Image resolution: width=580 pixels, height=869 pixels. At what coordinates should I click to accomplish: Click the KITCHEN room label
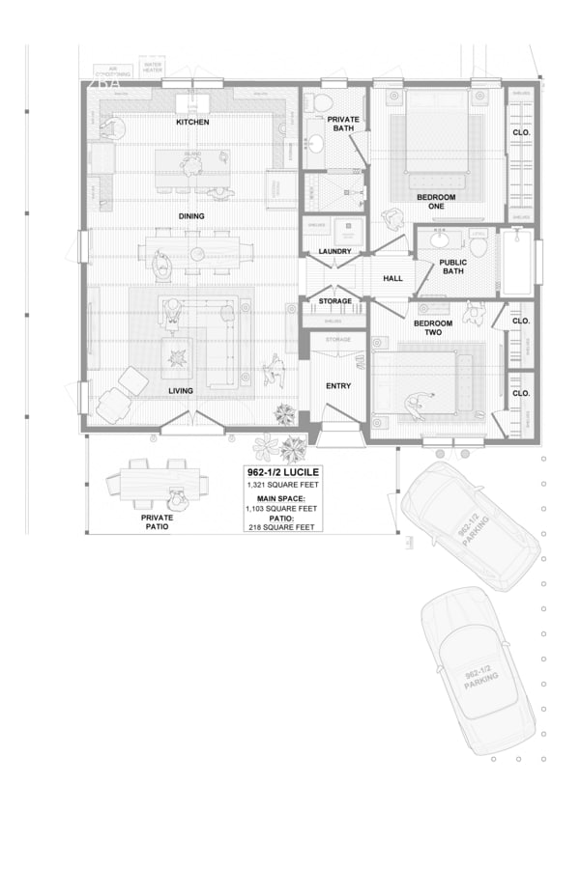point(191,123)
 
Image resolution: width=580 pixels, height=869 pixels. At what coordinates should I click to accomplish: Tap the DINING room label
point(191,215)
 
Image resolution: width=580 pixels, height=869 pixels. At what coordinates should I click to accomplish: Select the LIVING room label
point(181,390)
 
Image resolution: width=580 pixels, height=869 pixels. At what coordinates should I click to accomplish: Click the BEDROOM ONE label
point(436,202)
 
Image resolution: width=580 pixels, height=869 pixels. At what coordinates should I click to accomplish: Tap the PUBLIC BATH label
point(452,266)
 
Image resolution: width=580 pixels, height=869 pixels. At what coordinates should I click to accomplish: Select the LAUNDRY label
point(334,252)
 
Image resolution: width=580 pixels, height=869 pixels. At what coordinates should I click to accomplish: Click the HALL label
point(392,278)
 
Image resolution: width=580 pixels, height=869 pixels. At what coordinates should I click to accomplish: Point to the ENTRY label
point(337,385)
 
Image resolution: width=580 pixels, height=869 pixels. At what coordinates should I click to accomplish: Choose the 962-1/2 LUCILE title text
point(282,472)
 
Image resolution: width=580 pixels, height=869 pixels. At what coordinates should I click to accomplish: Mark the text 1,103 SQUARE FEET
point(282,508)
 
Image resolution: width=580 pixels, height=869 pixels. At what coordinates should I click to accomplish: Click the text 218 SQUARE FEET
point(282,527)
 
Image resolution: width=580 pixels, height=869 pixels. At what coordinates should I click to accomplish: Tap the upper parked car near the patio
point(470,524)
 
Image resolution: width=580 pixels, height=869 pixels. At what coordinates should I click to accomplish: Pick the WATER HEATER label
point(153,69)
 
